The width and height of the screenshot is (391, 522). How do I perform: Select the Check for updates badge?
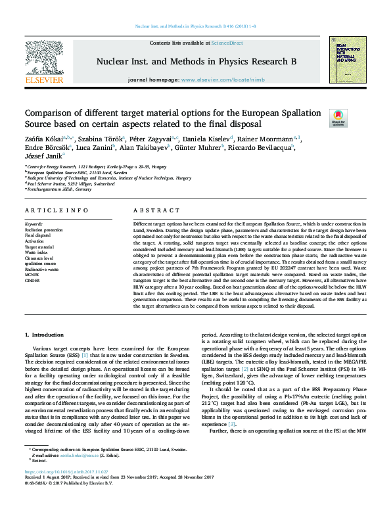(x=338, y=118)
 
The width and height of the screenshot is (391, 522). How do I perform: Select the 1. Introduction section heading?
(x=44, y=335)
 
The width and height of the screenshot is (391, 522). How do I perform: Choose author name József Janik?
(x=42, y=156)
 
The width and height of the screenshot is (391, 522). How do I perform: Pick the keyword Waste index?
(x=37, y=252)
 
